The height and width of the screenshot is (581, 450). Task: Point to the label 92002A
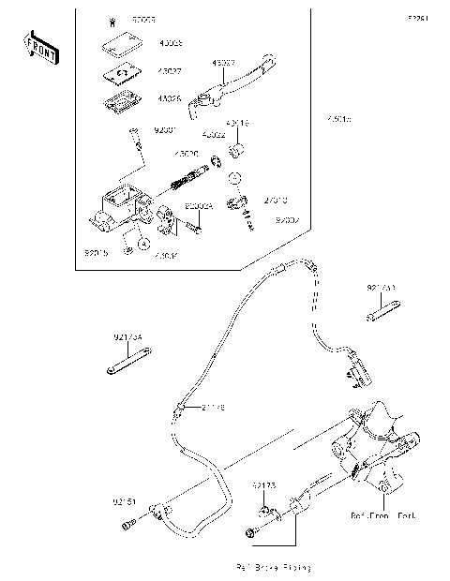click(x=198, y=205)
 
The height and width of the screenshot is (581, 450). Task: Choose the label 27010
click(x=275, y=200)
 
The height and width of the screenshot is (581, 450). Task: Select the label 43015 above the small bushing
click(x=236, y=123)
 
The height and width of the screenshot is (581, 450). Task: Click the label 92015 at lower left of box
click(x=97, y=252)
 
